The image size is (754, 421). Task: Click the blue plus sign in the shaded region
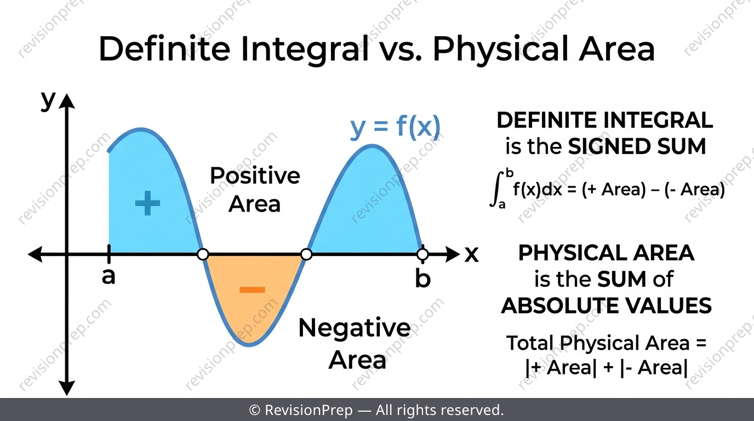pyautogui.click(x=147, y=203)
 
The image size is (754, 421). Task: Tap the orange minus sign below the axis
pyautogui.click(x=252, y=289)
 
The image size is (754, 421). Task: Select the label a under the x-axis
pyautogui.click(x=108, y=277)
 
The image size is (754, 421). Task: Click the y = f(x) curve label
pyautogui.click(x=395, y=127)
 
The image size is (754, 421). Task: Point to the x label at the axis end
pyautogui.click(x=472, y=254)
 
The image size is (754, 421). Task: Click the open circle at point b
pyautogui.click(x=422, y=254)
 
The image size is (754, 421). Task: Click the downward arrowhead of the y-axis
pyautogui.click(x=67, y=388)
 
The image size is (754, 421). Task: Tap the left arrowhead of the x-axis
pyautogui.click(x=35, y=254)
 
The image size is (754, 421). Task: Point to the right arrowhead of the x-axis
pyautogui.click(x=452, y=254)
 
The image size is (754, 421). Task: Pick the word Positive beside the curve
pyautogui.click(x=255, y=176)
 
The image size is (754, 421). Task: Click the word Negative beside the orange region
pyautogui.click(x=355, y=328)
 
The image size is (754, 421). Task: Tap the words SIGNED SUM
pyautogui.click(x=637, y=146)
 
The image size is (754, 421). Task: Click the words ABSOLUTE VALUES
pyautogui.click(x=606, y=306)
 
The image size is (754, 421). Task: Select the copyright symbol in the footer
pyautogui.click(x=254, y=410)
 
